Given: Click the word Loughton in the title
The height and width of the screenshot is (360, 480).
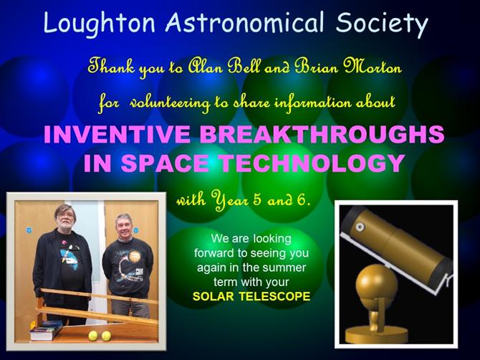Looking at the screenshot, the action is click(99, 23).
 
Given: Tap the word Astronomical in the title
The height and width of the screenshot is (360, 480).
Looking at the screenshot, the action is click(244, 22).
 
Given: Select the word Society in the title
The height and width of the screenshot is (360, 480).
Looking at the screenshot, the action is click(381, 24).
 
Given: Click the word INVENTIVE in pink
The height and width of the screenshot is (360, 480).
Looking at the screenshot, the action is click(117, 134).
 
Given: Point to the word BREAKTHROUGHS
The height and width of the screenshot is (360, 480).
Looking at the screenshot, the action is click(322, 134).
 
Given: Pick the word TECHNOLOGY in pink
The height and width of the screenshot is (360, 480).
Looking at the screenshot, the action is click(312, 163).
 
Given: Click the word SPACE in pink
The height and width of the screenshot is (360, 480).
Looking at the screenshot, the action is click(165, 163).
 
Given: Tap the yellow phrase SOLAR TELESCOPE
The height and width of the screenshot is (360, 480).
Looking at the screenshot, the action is click(251, 297).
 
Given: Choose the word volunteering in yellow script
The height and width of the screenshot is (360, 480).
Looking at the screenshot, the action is click(170, 103).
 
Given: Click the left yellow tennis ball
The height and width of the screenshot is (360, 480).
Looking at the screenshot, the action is click(93, 336).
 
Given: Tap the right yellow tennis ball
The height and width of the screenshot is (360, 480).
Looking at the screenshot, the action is click(106, 336).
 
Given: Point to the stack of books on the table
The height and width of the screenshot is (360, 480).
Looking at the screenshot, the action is click(47, 331).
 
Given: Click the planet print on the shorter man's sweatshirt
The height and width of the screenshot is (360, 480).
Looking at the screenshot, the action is click(134, 257).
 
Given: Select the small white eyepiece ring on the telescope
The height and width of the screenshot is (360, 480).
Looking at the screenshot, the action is click(360, 227).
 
